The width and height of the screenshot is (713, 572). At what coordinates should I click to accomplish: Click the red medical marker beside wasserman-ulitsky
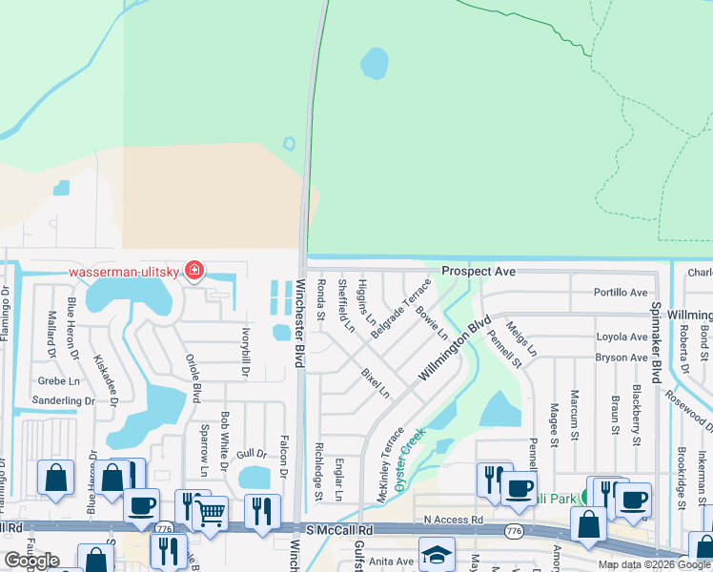coord(194,271)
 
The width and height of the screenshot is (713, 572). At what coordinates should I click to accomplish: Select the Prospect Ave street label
coord(478,272)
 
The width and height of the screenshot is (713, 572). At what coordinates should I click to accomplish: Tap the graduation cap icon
coord(436,554)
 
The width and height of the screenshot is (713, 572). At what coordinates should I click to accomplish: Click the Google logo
coord(31,562)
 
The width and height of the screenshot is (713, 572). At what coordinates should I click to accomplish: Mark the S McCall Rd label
coord(338,528)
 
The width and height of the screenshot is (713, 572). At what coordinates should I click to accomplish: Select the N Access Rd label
coord(454,519)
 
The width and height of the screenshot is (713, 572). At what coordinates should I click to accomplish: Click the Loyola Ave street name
coord(621,337)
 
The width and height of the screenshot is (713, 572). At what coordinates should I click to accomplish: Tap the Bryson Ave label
coord(621,357)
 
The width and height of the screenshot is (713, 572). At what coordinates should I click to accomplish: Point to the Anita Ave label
coord(393,562)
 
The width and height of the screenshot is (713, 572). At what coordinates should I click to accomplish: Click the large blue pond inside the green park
coord(374,64)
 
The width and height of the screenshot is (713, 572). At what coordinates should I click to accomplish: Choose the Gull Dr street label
coord(253,454)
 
